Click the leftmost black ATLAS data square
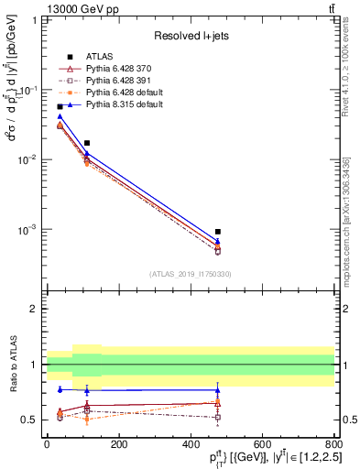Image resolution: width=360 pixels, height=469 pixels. [60, 107]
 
